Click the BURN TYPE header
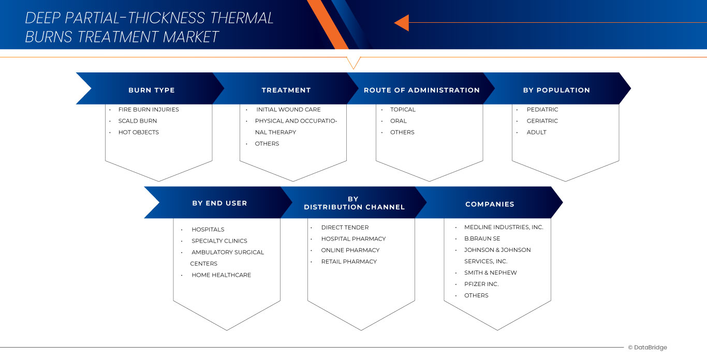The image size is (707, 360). (152, 90)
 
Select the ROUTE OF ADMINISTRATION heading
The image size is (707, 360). (422, 90)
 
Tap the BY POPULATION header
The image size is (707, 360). (556, 90)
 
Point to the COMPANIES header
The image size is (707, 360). (490, 204)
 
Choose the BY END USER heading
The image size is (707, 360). (219, 203)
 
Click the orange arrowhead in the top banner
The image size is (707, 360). (402, 23)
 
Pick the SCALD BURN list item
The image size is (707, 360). (138, 121)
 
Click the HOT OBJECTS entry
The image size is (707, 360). (139, 132)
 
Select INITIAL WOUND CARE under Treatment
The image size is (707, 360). (288, 110)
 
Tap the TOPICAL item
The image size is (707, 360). (403, 110)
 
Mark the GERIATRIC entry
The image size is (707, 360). (542, 121)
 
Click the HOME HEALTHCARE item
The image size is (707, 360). (221, 275)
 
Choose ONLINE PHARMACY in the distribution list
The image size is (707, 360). (350, 250)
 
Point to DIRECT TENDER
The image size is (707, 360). (345, 228)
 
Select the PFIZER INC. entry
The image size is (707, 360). (481, 284)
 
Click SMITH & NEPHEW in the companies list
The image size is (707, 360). (491, 273)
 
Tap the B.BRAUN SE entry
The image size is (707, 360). (482, 238)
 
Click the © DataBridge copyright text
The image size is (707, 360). (647, 348)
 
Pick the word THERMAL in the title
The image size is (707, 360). (242, 18)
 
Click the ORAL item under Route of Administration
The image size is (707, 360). (399, 121)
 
